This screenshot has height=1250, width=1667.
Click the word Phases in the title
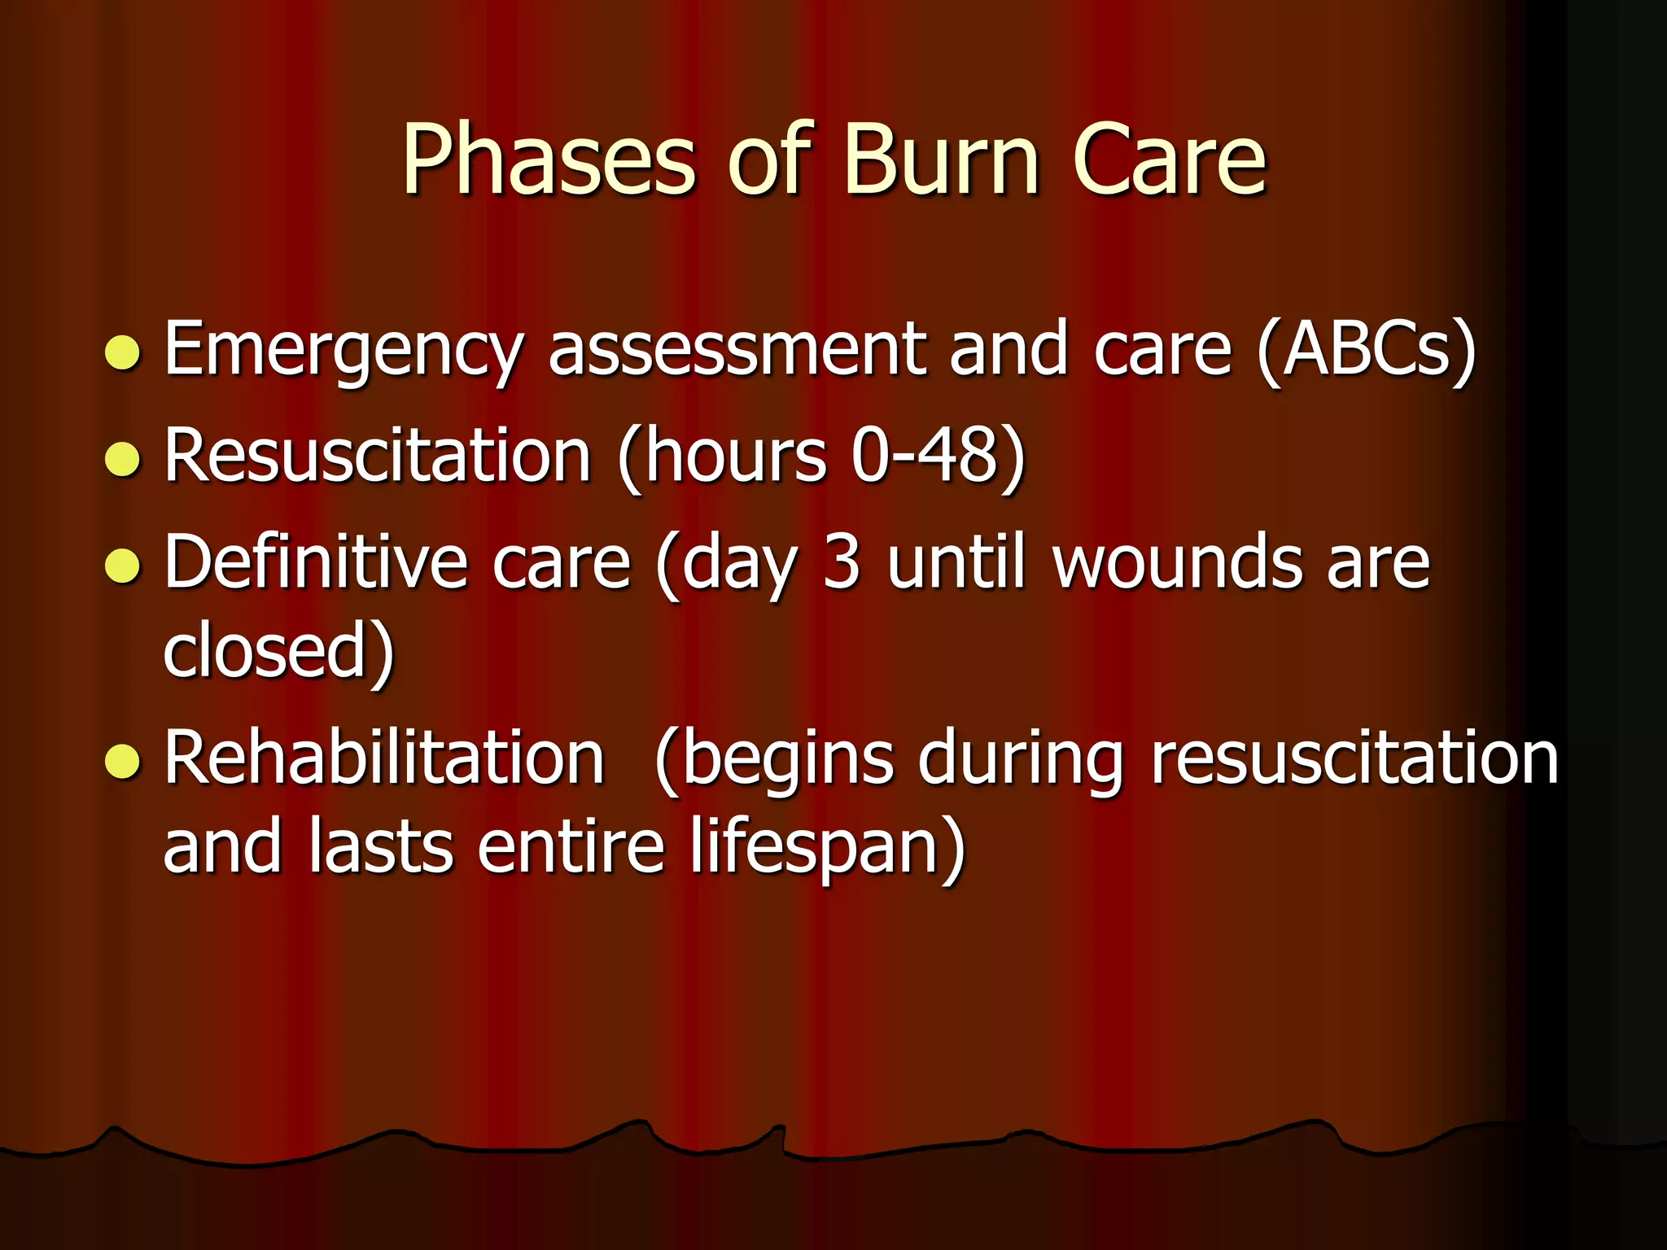pyautogui.click(x=549, y=160)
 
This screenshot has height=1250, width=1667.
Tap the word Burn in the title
pyautogui.click(x=941, y=160)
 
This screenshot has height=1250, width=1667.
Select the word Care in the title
pyautogui.click(x=1169, y=160)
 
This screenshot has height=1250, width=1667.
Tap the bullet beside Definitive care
pyautogui.click(x=123, y=566)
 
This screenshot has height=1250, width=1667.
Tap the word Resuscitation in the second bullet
pyautogui.click(x=377, y=456)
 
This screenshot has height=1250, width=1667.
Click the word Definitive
pyautogui.click(x=316, y=563)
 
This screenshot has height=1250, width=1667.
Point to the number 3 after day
pyautogui.click(x=841, y=563)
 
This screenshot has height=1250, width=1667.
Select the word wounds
pyautogui.click(x=1177, y=563)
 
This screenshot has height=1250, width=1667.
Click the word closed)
pyautogui.click(x=278, y=651)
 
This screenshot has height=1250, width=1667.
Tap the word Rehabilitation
pyautogui.click(x=384, y=758)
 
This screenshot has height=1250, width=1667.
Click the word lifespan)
pyautogui.click(x=827, y=848)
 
